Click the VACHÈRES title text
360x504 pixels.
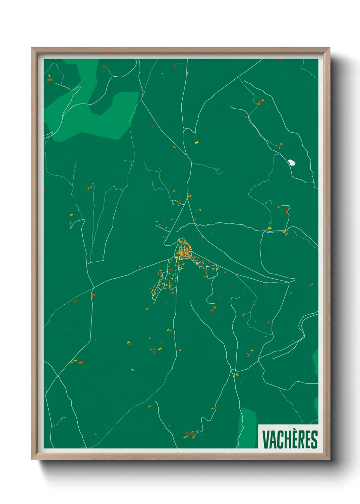click(290, 439)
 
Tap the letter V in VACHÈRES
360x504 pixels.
click(265, 440)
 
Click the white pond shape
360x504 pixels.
click(292, 162)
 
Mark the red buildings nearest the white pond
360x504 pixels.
click(281, 144)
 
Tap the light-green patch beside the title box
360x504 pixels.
click(248, 427)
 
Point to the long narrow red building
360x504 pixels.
click(286, 211)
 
